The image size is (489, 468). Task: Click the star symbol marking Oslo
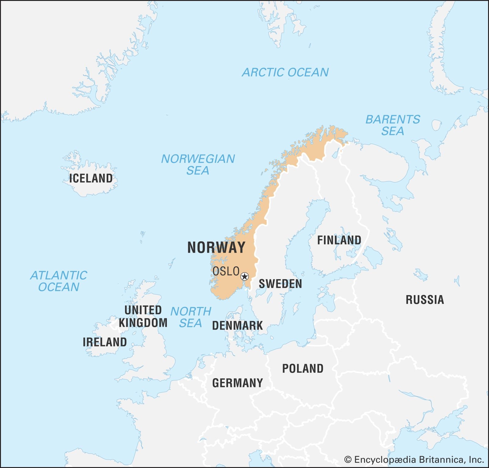pos(244,277)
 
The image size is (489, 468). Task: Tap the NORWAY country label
pos(216,247)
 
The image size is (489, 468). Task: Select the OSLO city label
pos(226,271)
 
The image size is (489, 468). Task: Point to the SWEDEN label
pos(280,284)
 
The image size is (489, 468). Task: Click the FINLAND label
pos(339,240)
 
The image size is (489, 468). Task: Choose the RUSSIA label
pos(425,300)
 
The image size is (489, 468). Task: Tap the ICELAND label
pos(91,178)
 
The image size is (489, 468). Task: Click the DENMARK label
pos(237,326)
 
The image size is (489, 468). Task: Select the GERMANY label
pos(237,383)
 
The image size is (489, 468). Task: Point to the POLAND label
pos(303,369)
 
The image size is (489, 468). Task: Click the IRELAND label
pos(105,342)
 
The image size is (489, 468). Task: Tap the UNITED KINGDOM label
pos(143,316)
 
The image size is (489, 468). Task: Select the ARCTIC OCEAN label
pos(285,72)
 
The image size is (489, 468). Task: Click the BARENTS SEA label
pos(393,125)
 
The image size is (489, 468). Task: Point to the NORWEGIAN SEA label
pos(198,164)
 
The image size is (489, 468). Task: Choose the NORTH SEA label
pos(191,317)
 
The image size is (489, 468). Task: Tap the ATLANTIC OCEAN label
pos(59,281)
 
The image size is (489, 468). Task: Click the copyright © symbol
pos(348,459)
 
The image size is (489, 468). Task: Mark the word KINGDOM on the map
pos(143,323)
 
